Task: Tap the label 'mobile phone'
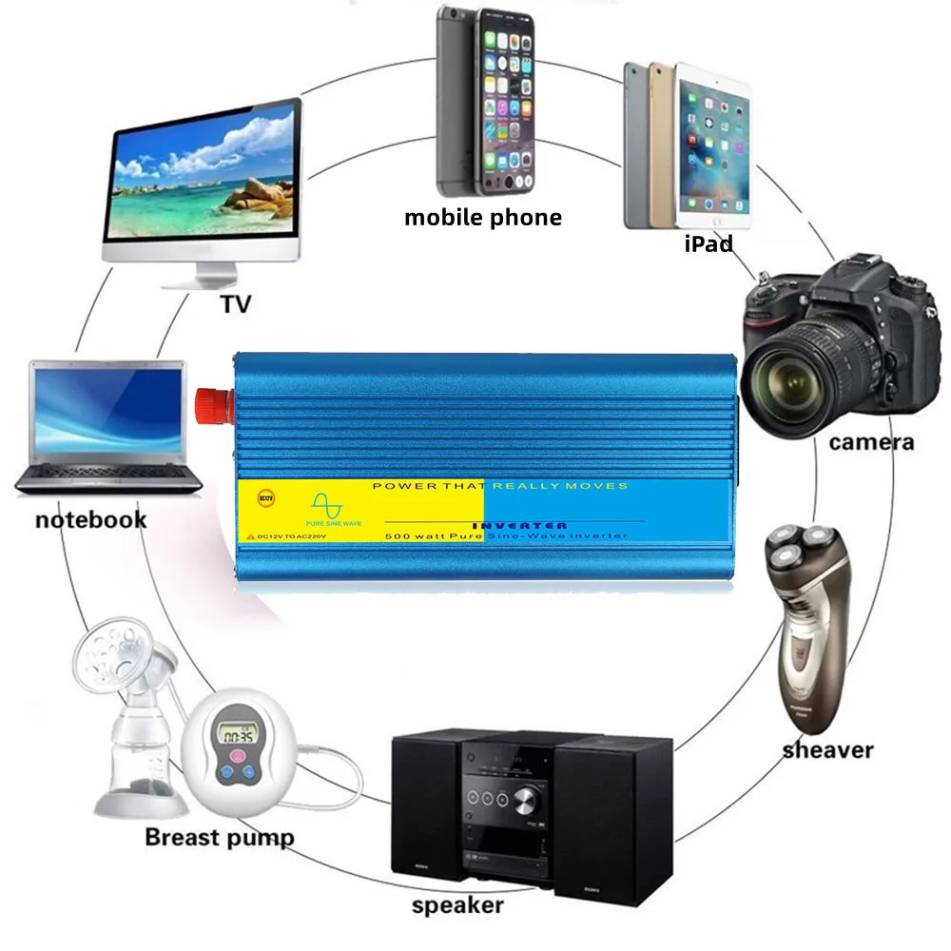coord(482,218)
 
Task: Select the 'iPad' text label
coord(708,243)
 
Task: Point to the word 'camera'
coord(871,441)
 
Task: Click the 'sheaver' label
coord(827,750)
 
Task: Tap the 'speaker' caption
coord(456,904)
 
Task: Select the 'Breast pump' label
coord(219,838)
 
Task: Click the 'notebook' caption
coord(91,519)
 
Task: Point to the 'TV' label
coord(235,304)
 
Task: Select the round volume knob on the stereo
coord(525,799)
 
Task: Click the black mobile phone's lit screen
coord(505,104)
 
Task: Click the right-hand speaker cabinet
coord(612,818)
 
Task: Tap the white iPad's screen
coord(713,152)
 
